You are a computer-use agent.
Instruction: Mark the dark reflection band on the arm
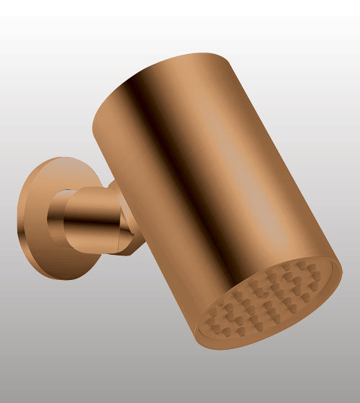click(90, 229)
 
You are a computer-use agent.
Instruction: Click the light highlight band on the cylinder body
click(238, 166)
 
